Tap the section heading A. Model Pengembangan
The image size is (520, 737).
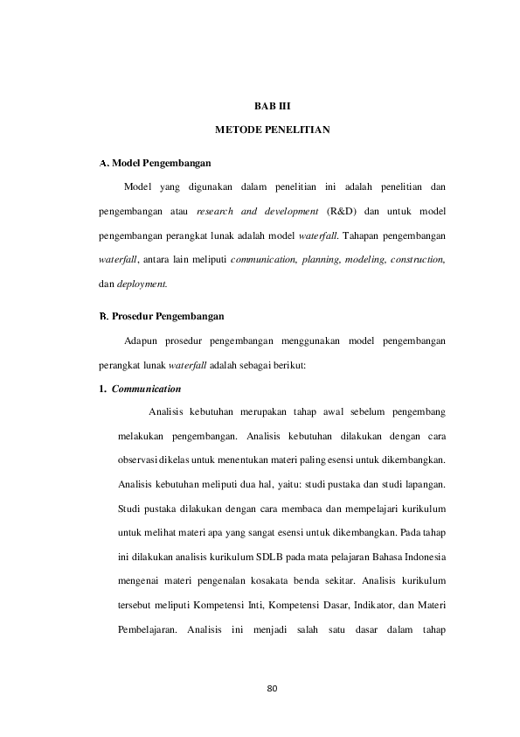[153, 163]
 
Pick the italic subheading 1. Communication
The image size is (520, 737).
[140, 387]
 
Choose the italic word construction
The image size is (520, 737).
[418, 260]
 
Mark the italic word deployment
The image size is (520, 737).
[142, 284]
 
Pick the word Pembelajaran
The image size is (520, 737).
[144, 628]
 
